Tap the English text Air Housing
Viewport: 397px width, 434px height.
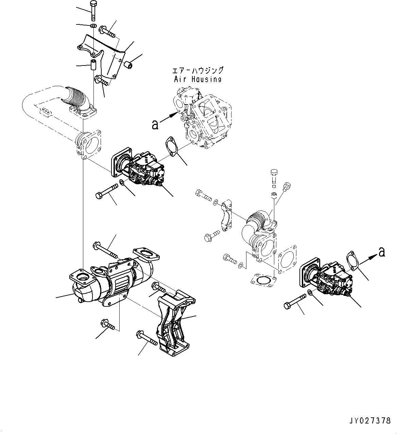pos(197,79)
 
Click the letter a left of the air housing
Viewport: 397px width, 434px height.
pos(155,125)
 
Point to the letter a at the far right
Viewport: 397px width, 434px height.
pos(382,251)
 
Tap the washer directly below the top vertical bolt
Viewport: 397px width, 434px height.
pos(93,26)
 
